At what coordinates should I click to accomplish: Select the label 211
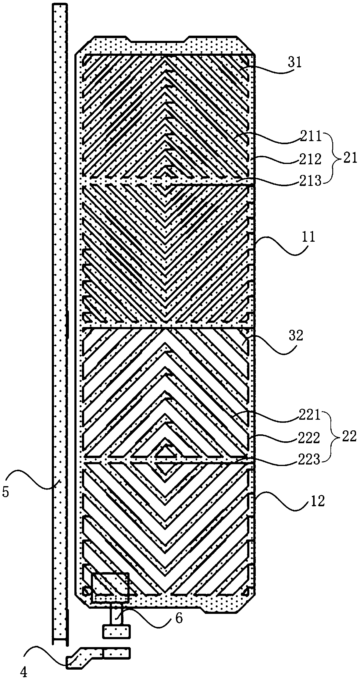[310, 137]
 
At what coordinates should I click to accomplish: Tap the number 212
[310, 159]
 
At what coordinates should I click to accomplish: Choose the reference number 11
[308, 237]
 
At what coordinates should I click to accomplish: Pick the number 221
[310, 415]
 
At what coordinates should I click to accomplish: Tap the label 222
[310, 438]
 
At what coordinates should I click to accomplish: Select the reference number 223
[310, 459]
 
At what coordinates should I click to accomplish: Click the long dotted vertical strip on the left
[60, 305]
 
